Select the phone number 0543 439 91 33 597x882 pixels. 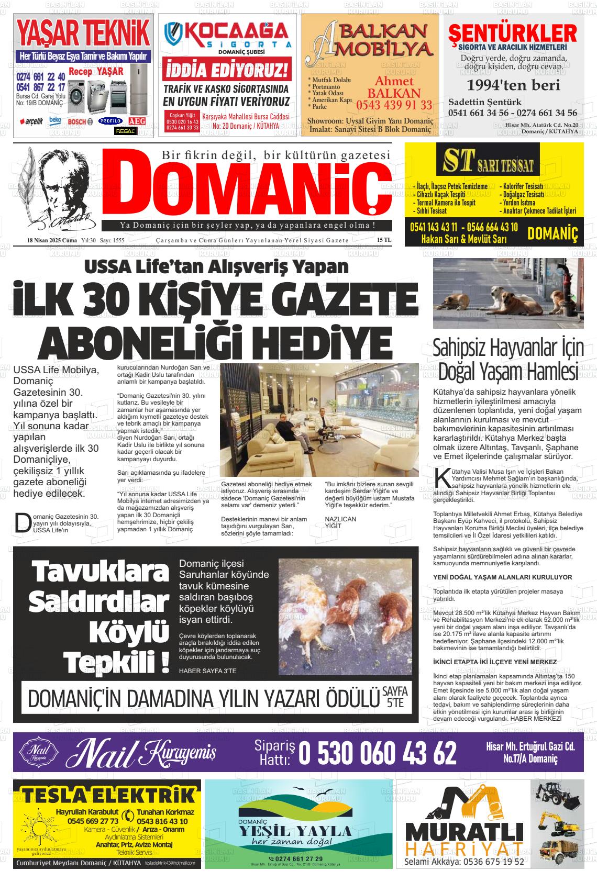coord(394,105)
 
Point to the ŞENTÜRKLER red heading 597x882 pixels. coord(513,34)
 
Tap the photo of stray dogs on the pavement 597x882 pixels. coord(508,293)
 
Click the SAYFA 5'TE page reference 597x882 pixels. coord(394,697)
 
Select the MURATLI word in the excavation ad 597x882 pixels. coord(464,833)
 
